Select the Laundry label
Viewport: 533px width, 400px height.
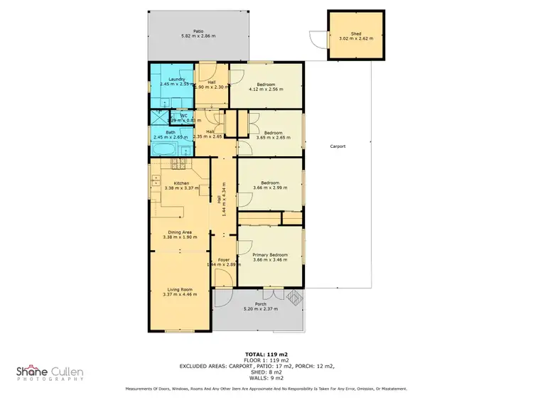[168, 80]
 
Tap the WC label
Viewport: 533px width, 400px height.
[183, 116]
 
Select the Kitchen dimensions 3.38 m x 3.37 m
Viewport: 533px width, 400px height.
[176, 189]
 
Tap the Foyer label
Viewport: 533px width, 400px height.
[223, 259]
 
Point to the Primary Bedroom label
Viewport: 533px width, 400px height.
[270, 254]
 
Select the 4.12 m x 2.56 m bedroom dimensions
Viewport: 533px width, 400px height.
[266, 90]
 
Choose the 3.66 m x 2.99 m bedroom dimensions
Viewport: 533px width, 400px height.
[270, 188]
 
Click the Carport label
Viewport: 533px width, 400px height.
[338, 146]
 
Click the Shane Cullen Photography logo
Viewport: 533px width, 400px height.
[55, 374]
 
